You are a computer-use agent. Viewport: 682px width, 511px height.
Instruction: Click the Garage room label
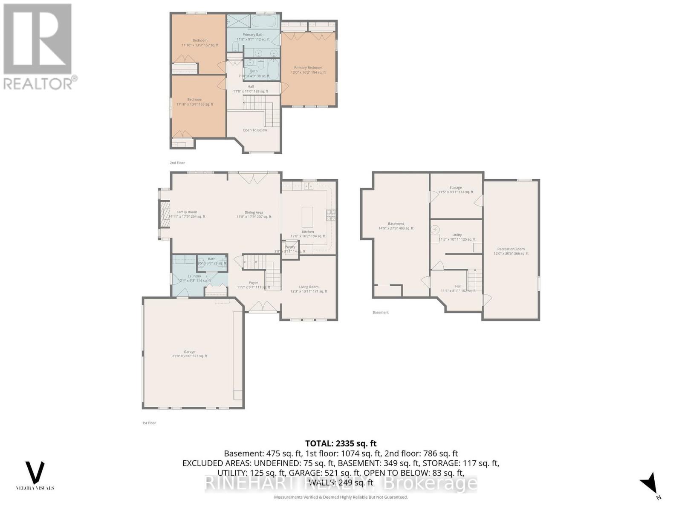point(189,352)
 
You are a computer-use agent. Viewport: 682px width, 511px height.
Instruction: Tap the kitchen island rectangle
point(307,217)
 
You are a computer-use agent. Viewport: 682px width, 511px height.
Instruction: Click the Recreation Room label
point(511,249)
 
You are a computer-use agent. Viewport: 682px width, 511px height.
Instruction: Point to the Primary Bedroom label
point(308,68)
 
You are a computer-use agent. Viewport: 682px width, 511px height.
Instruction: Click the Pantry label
point(290,247)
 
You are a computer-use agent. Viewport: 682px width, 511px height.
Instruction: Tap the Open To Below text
point(255,130)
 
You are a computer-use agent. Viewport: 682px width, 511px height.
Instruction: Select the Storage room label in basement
point(455,188)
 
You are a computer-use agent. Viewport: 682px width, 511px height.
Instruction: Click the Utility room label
point(457,235)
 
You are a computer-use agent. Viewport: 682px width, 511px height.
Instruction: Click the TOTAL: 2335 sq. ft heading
point(341,443)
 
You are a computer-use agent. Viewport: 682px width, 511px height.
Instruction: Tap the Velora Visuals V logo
point(35,472)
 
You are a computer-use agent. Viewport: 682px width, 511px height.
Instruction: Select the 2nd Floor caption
point(177,163)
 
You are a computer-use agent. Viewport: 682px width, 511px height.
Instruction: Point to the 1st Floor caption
point(149,423)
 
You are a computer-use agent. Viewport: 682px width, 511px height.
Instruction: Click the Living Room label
point(308,287)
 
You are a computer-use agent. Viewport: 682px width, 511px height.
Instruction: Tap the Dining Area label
point(254,212)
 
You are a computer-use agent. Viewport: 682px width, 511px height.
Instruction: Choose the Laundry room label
point(194,276)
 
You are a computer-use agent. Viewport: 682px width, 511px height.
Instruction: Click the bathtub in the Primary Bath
point(264,21)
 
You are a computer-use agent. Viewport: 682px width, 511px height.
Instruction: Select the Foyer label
point(254,283)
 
